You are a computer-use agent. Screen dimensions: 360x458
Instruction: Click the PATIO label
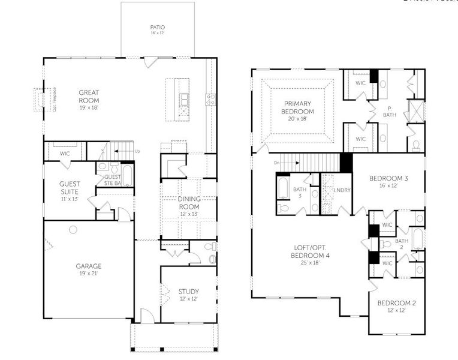point(158,28)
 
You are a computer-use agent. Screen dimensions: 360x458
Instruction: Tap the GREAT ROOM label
point(89,97)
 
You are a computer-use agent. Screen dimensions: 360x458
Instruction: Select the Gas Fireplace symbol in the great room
point(40,100)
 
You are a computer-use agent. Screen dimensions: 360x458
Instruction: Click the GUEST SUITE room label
point(70,188)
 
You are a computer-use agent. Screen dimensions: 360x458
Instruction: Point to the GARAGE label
point(88,266)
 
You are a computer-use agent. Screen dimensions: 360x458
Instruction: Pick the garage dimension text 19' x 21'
point(88,274)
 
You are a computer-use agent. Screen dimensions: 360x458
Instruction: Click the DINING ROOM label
point(188,203)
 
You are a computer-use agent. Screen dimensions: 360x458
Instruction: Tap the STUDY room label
point(188,292)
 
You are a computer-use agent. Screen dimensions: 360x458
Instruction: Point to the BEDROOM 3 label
point(388,179)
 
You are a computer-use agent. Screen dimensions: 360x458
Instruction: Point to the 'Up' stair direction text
point(137,151)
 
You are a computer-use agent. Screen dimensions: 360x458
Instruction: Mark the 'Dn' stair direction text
point(276,163)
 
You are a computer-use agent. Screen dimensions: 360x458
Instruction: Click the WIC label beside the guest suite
point(65,154)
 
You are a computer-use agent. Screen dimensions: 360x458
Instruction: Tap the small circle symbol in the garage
point(73,229)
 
